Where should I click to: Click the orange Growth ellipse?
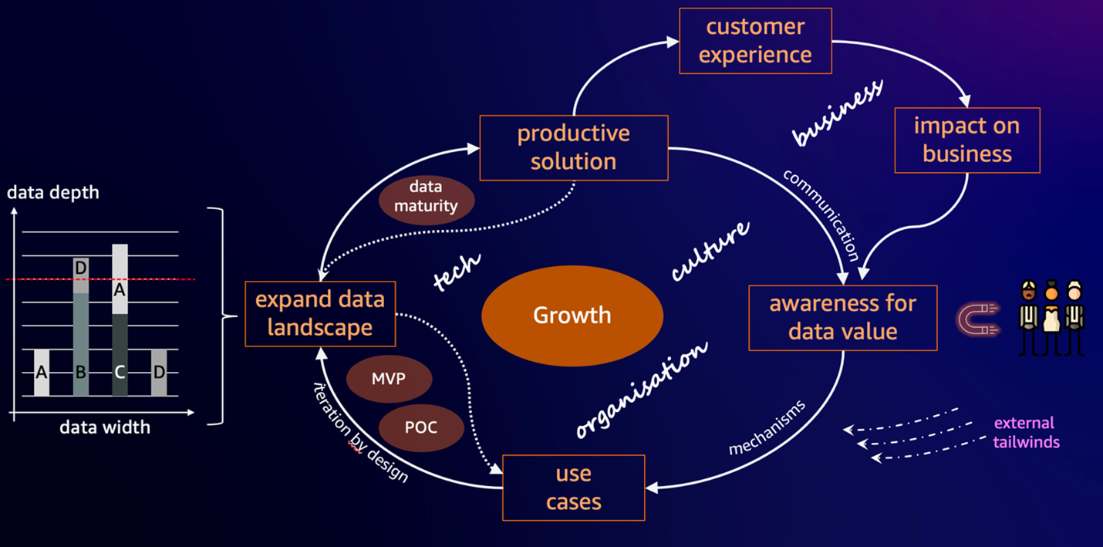[x=572, y=316]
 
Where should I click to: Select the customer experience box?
[x=755, y=41]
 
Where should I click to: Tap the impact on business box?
[x=966, y=140]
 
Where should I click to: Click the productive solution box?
[x=572, y=147]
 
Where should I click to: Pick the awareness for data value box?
[x=842, y=317]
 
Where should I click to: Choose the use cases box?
[x=573, y=488]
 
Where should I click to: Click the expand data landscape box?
[x=319, y=313]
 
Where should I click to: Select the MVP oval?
[x=389, y=380]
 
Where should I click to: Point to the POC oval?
[x=420, y=427]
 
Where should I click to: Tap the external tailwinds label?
[x=1024, y=433]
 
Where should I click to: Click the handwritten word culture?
[x=710, y=251]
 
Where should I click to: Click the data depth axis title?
[x=53, y=192]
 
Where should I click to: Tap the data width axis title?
[x=105, y=427]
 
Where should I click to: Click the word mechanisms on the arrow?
[x=767, y=427]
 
